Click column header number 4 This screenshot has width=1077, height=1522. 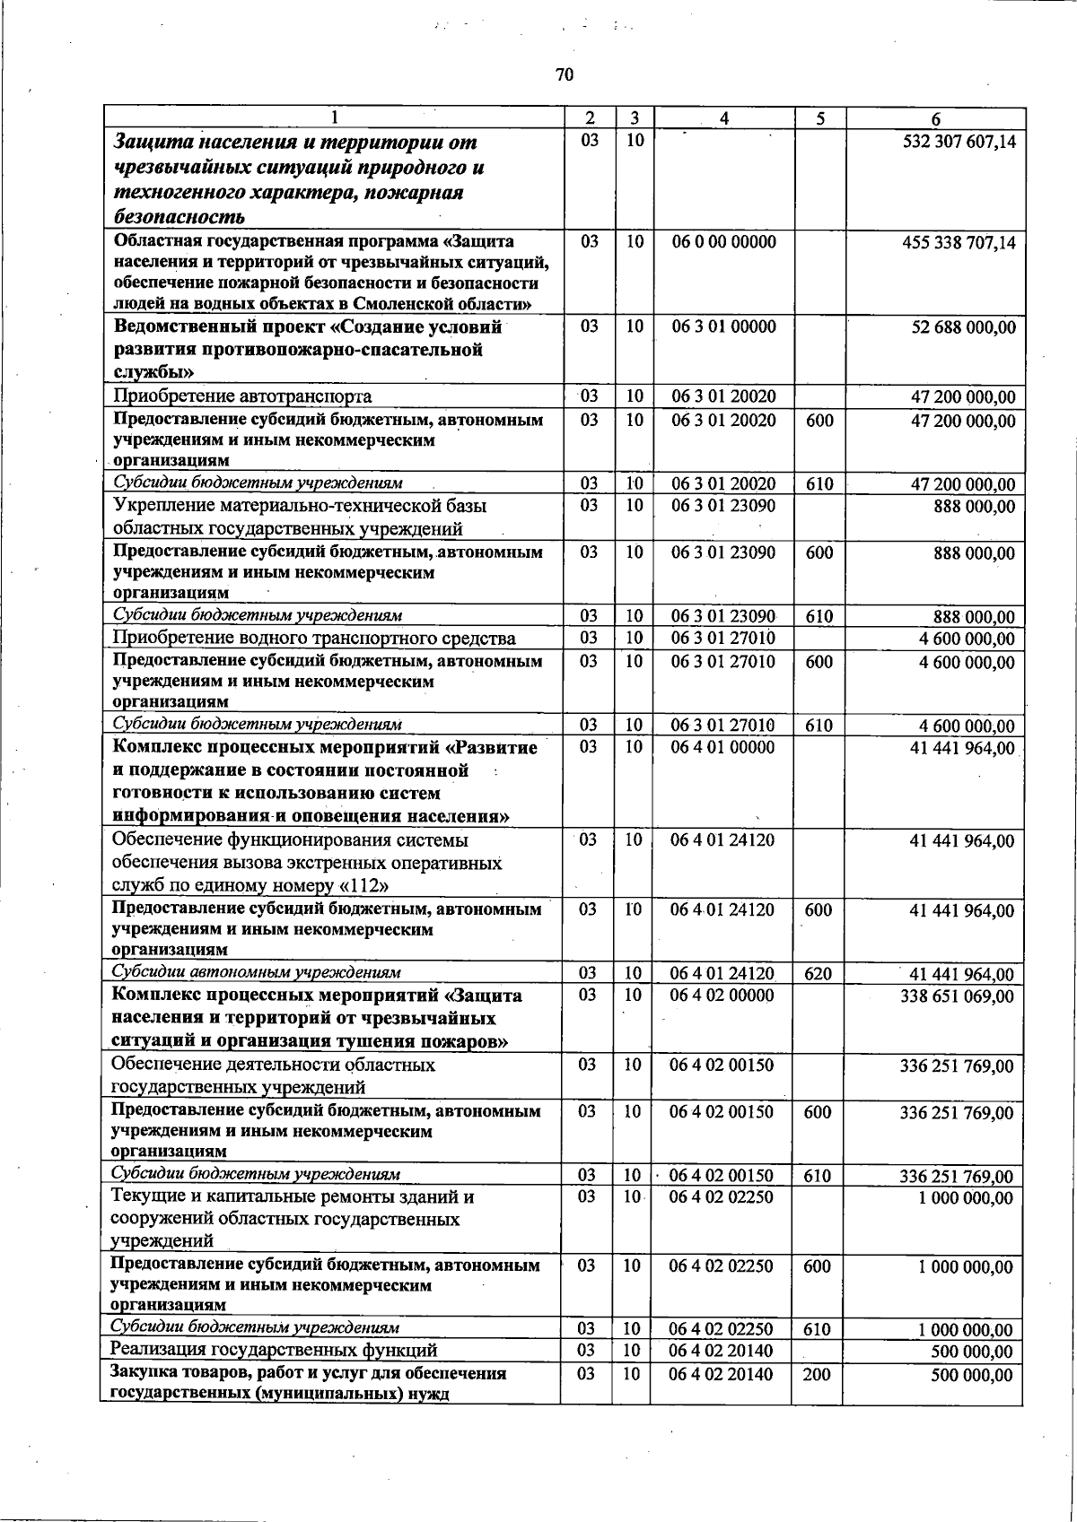click(x=723, y=118)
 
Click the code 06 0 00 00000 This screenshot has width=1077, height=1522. click(x=723, y=241)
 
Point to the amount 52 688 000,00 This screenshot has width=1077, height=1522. click(x=963, y=327)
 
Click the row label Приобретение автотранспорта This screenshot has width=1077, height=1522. click(x=242, y=396)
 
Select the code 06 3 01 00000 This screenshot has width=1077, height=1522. click(x=723, y=326)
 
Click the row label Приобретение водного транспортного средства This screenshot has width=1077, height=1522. click(x=314, y=639)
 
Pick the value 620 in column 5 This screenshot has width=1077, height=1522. click(x=818, y=974)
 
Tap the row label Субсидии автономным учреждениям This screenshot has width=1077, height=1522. click(x=256, y=972)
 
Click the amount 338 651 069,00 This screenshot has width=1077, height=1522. click(x=957, y=996)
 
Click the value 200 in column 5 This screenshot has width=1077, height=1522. click(x=816, y=1375)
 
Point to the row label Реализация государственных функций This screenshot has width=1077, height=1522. click(x=274, y=1351)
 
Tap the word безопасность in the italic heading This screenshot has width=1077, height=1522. click(x=179, y=216)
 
